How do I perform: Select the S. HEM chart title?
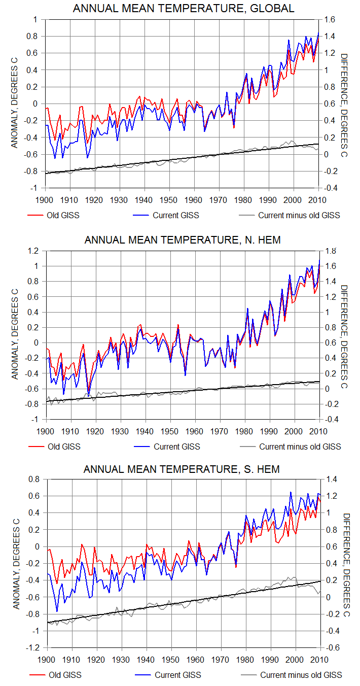[182, 469]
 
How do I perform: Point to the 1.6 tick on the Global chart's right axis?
[328, 19]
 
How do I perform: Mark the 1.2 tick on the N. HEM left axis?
[33, 251]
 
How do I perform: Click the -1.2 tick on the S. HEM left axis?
[32, 648]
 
